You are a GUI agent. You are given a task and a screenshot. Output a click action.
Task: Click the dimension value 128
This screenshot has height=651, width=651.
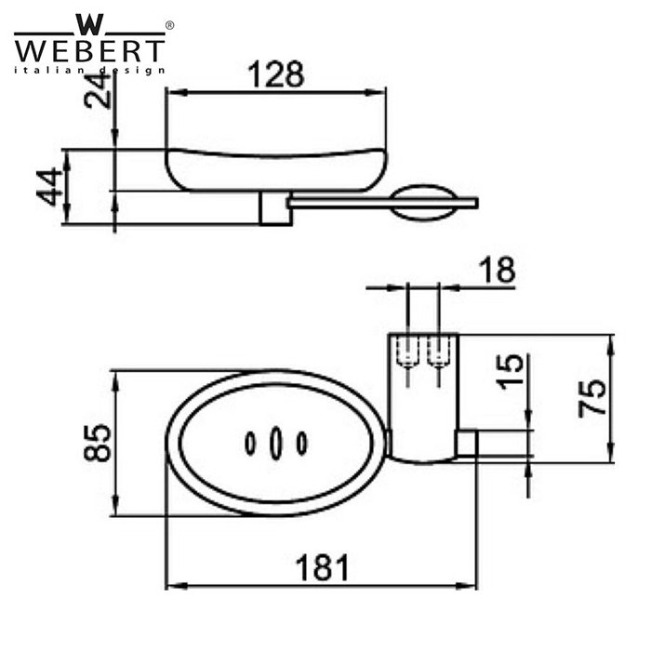276,73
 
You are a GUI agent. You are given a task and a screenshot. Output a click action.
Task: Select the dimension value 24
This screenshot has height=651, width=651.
96,93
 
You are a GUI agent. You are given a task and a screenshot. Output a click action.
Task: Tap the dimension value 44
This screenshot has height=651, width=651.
51,186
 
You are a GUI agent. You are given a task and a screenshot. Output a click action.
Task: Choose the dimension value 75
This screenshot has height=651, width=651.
592,397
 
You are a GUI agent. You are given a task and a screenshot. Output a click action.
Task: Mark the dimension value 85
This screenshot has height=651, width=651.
95,444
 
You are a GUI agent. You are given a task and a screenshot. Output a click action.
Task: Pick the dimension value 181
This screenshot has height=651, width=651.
321,567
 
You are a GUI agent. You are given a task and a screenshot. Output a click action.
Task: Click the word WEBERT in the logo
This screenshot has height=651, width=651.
89,49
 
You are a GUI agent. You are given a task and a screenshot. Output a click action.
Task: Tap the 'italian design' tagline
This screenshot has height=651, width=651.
89,70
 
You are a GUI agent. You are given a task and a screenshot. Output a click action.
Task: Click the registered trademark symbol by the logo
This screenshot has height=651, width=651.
168,25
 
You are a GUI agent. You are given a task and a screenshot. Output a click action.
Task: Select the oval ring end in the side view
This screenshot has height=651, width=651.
424,203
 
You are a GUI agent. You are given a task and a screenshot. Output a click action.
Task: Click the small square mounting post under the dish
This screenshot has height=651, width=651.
274,209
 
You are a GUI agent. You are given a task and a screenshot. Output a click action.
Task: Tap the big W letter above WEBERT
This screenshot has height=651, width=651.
89,23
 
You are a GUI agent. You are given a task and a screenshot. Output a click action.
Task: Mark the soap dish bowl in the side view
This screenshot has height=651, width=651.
277,167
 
